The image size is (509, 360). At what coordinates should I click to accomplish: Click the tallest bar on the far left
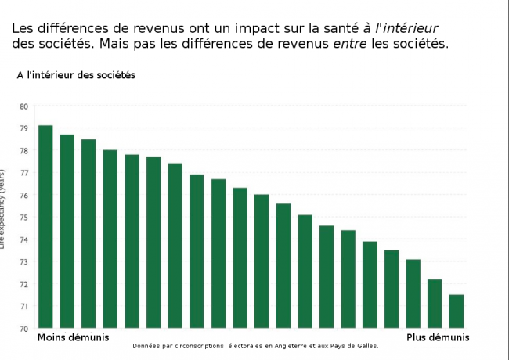(45, 227)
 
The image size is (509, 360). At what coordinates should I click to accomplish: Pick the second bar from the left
(67, 232)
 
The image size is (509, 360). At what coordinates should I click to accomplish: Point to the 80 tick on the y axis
(23, 106)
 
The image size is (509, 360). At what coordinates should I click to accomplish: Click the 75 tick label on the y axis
(23, 218)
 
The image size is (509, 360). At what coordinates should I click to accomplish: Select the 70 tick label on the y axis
(23, 329)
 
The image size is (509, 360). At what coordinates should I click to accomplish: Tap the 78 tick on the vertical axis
(23, 151)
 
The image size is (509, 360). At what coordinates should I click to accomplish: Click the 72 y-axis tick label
(23, 284)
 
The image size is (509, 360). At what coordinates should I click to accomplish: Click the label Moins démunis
(74, 337)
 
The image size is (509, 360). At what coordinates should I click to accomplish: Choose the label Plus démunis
(438, 337)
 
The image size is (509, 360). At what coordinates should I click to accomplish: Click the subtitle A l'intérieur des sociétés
(77, 75)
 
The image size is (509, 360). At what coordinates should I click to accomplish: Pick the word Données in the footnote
(147, 345)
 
